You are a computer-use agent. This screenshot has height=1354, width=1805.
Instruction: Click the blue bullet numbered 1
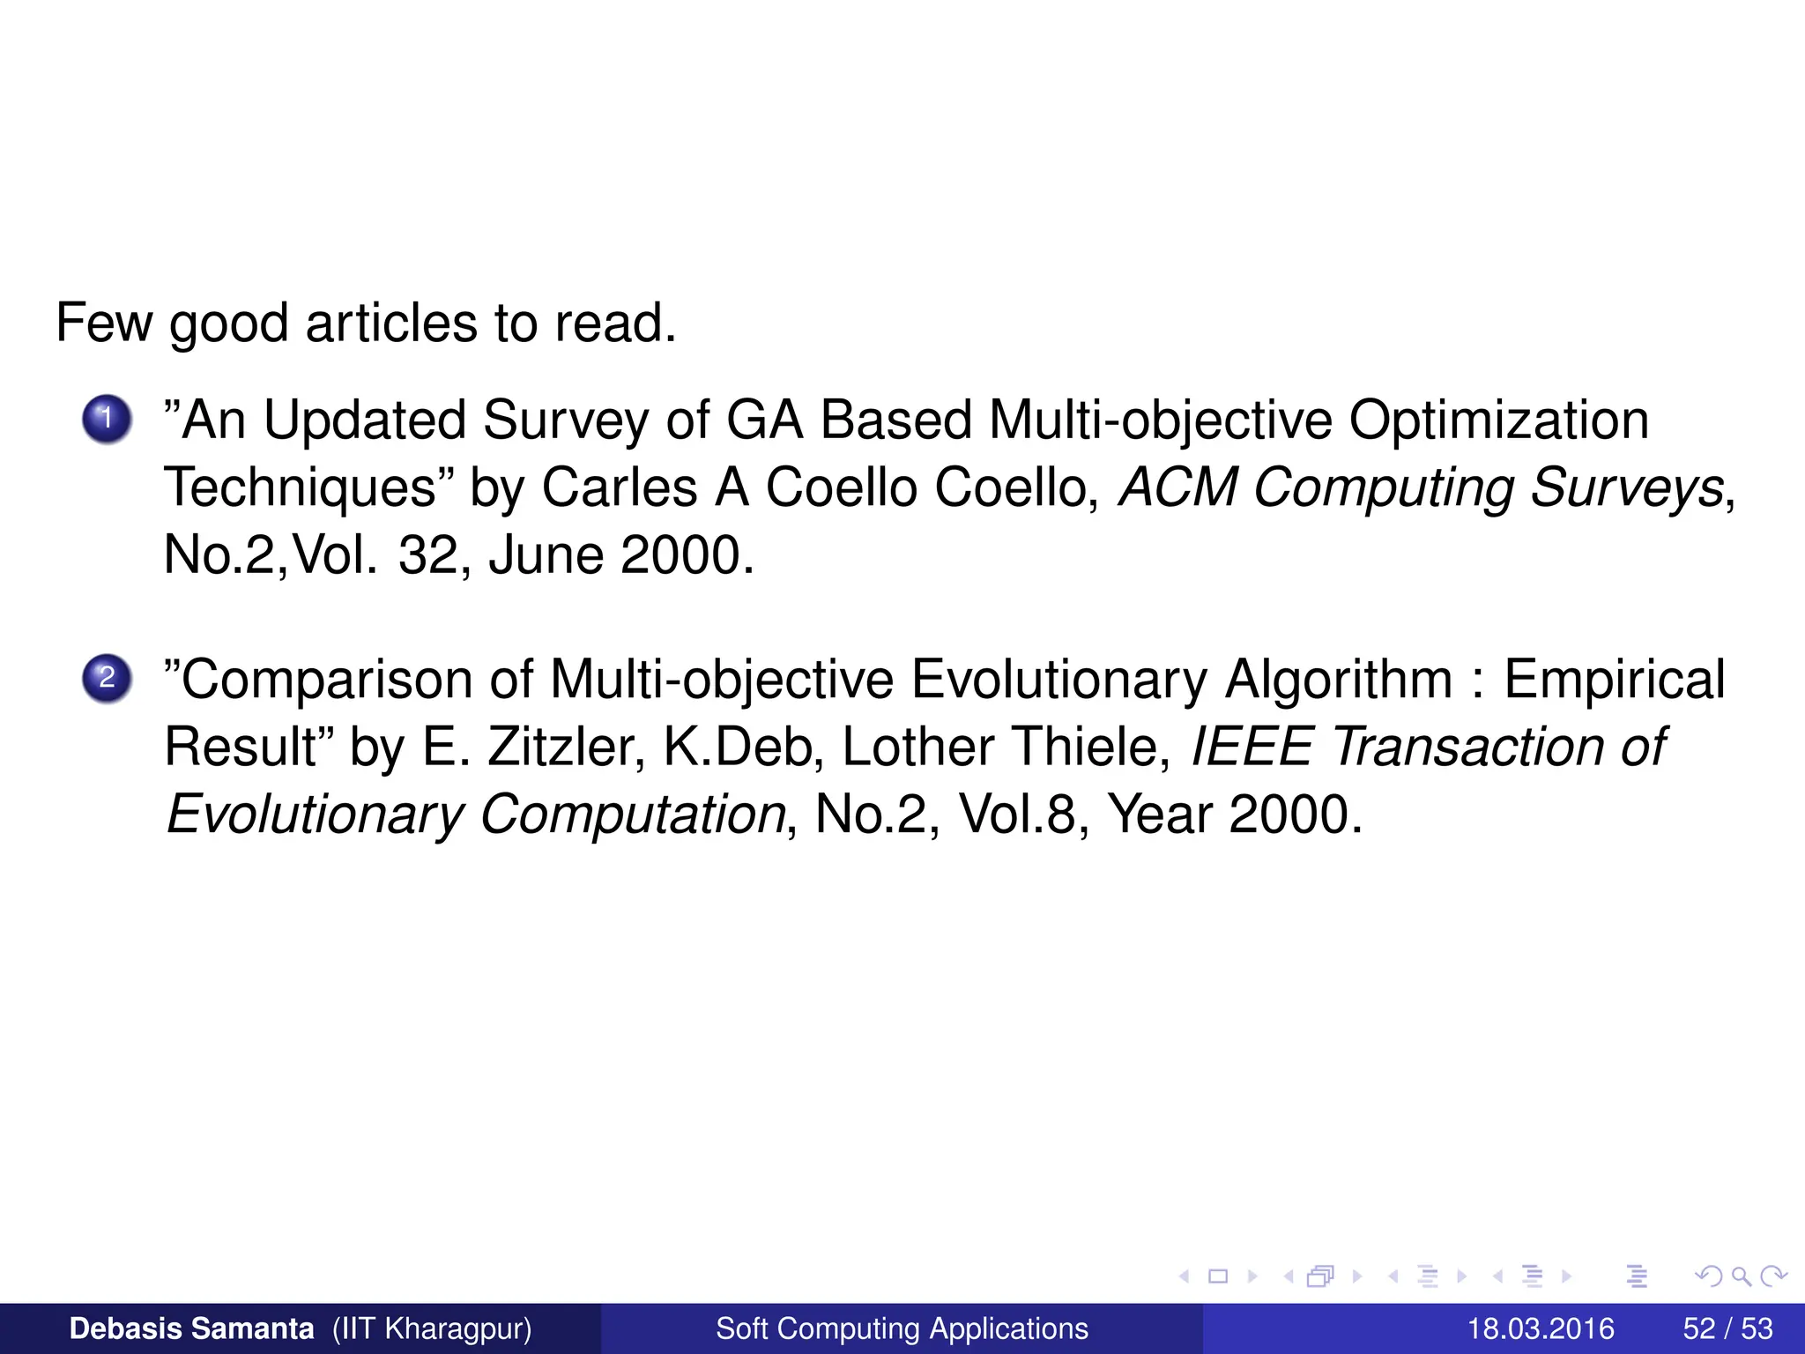coord(107,418)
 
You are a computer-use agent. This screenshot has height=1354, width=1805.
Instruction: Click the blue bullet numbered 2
coord(107,678)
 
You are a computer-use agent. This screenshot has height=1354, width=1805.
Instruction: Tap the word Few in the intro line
coord(103,323)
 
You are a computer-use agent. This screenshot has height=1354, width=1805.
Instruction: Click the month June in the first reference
coord(545,555)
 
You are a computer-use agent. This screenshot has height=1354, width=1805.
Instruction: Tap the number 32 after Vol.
coord(427,555)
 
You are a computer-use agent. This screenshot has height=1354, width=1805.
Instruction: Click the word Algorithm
coord(1339,680)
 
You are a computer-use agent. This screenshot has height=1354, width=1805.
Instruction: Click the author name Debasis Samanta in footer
coord(191,1328)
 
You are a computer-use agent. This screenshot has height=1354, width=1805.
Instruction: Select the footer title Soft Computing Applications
coord(902,1328)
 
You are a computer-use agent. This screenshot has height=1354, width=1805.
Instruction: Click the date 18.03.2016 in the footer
coord(1540,1328)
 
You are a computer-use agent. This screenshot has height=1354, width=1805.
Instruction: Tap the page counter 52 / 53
coord(1727,1328)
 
